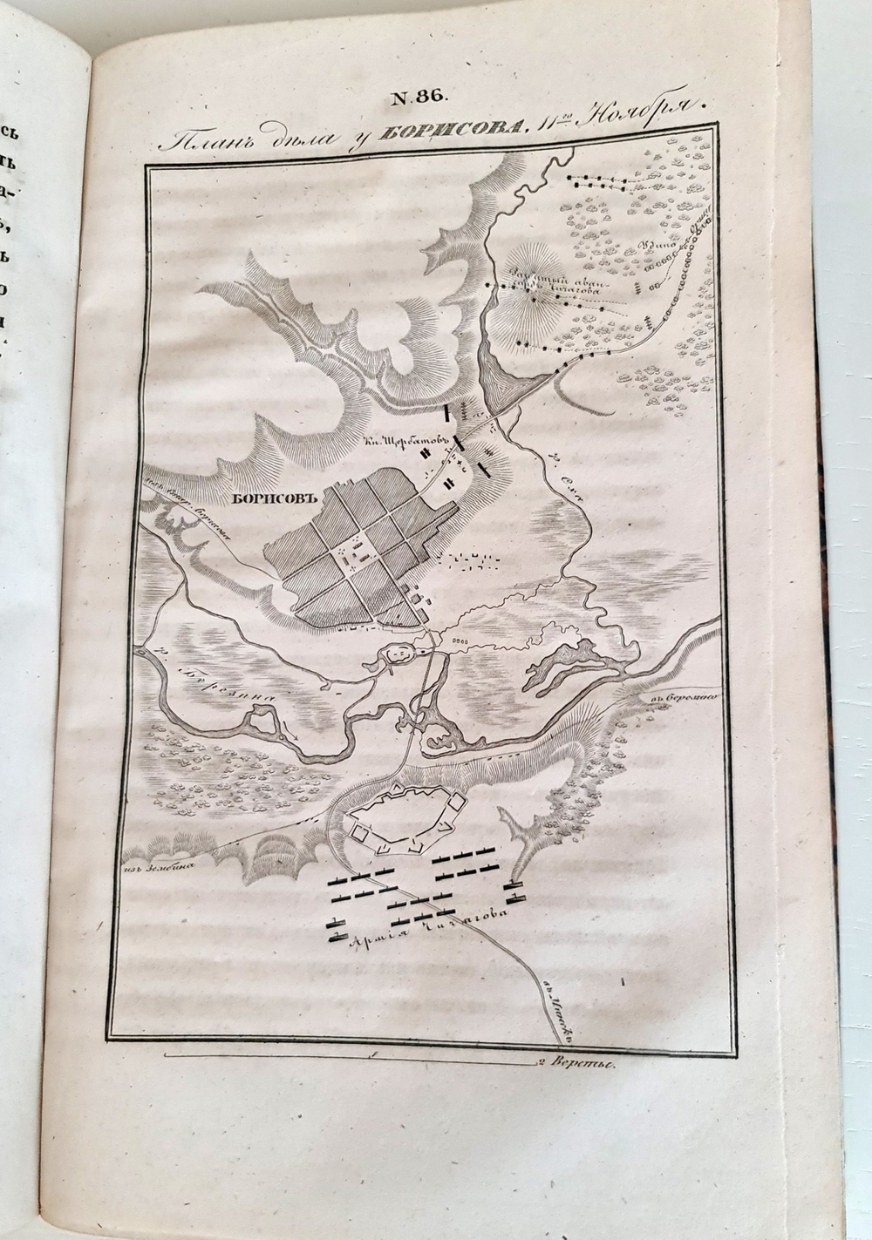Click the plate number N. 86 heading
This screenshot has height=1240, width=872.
[418, 98]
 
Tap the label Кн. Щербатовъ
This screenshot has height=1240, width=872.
[399, 442]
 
